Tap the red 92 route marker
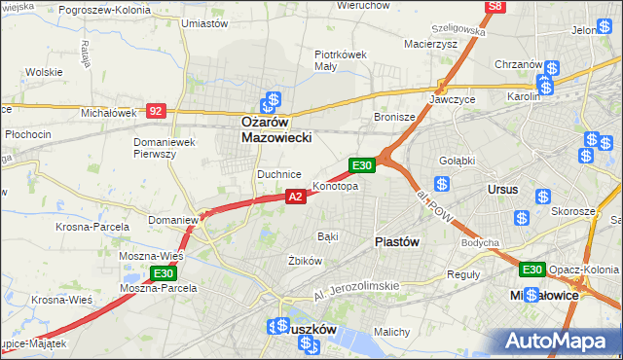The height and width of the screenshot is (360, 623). point(156,111)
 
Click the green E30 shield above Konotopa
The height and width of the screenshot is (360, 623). point(362,166)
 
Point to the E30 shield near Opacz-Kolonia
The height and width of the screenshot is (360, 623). point(531,270)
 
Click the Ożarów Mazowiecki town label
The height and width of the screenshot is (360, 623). point(276,130)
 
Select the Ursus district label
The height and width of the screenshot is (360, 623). point(503,189)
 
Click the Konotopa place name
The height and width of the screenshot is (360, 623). point(336,186)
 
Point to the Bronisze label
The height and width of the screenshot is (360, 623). point(394,117)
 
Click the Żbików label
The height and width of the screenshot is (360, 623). point(305,261)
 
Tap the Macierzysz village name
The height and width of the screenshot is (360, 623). point(430,44)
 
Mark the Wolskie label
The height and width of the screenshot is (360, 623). point(44,72)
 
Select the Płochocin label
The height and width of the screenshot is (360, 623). point(27,132)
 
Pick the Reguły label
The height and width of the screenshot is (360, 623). point(463,273)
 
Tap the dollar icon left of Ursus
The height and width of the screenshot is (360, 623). point(442,184)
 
